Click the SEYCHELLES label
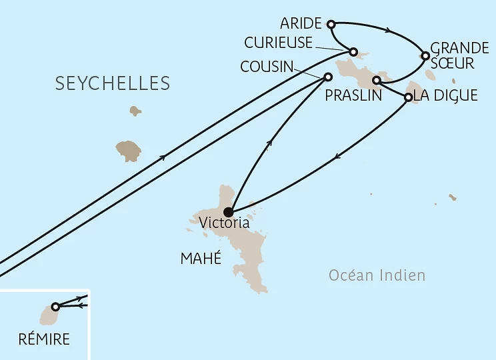(x=113, y=83)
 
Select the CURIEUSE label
(x=279, y=43)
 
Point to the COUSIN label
(x=266, y=67)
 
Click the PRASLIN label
(x=353, y=95)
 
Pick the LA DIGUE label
(x=445, y=95)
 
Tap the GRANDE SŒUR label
(x=460, y=55)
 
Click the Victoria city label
(x=225, y=223)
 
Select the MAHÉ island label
(x=200, y=259)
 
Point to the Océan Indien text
(x=377, y=275)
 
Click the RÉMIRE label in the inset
(x=45, y=339)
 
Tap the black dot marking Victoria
(x=228, y=213)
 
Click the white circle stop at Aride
(x=331, y=25)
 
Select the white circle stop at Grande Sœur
(x=425, y=55)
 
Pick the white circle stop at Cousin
(x=327, y=77)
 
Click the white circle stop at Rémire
(x=55, y=307)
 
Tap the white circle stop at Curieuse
(x=354, y=51)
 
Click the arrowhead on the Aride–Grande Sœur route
(x=389, y=31)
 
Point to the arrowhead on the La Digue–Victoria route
(x=338, y=157)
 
